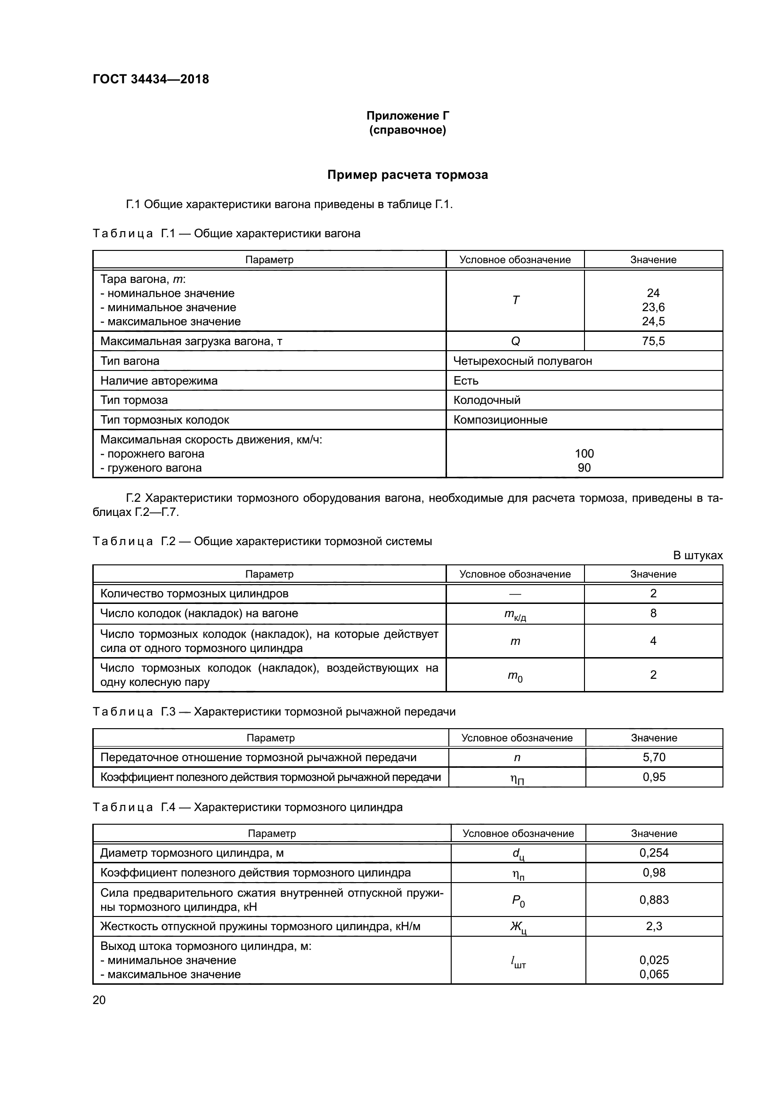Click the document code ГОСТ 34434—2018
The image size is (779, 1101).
[x=151, y=79]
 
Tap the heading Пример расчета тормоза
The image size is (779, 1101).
[x=407, y=175]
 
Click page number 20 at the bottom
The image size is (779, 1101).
[x=99, y=1000]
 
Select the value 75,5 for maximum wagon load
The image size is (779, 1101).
[x=653, y=341]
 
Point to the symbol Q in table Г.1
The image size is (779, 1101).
[x=515, y=341]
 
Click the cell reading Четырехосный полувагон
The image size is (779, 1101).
[x=522, y=361]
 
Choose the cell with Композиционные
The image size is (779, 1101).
[x=500, y=420]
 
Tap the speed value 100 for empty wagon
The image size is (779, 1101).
[x=584, y=454]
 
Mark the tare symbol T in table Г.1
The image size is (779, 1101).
[x=515, y=300]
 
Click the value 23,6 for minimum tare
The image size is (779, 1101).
[x=653, y=307]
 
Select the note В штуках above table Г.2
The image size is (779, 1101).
[x=698, y=556]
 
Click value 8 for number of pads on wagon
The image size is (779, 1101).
[x=653, y=613]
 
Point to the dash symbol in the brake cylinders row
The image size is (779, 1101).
[x=515, y=594]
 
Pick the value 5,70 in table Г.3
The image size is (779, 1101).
[x=654, y=757]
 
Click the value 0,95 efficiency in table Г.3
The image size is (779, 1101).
[x=654, y=777]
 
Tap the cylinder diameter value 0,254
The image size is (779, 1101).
[x=654, y=852]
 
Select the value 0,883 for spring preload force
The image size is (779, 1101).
[x=654, y=900]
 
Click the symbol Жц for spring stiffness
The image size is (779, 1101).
[x=518, y=927]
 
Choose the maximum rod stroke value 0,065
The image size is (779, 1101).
[x=654, y=974]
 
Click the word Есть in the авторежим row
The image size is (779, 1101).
[x=466, y=381]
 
